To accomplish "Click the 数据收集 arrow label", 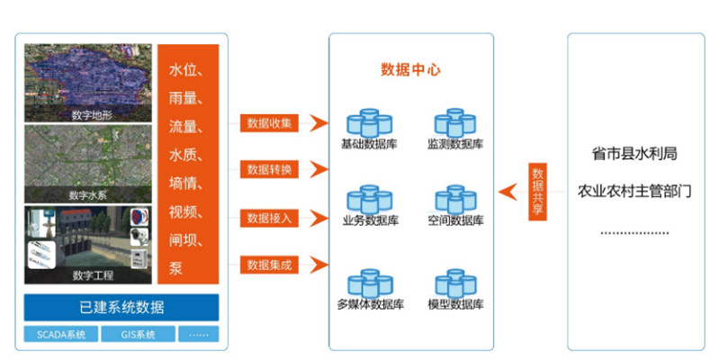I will [x=270, y=123].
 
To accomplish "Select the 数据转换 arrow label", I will [x=270, y=168].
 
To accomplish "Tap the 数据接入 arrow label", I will [x=270, y=217].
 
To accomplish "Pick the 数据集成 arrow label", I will [x=270, y=265].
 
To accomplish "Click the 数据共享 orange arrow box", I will [x=537, y=190].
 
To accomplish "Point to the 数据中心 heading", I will [x=410, y=69].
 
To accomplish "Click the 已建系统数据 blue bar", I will [x=121, y=308].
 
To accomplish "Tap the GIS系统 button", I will [x=138, y=335].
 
